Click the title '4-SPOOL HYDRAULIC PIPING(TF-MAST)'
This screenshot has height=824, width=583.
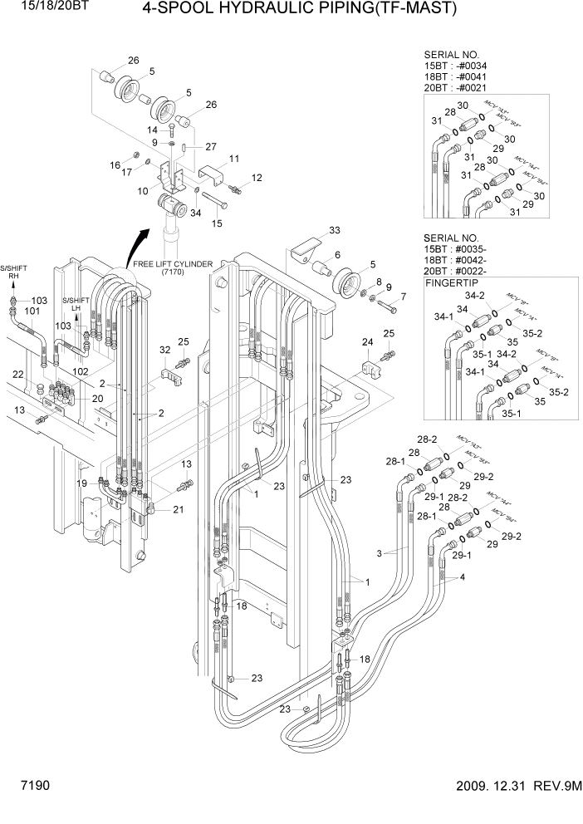click(299, 10)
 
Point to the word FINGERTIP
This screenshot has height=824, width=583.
click(454, 282)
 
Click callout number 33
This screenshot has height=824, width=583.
click(334, 230)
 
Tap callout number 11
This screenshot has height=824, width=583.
click(234, 159)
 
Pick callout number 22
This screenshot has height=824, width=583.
click(17, 375)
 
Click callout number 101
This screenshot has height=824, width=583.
click(32, 311)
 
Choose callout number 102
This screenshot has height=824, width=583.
click(81, 370)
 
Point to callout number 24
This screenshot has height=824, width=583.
click(367, 341)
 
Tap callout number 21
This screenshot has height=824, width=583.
click(179, 510)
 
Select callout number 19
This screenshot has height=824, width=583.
click(82, 483)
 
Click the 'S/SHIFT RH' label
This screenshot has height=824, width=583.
click(13, 273)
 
